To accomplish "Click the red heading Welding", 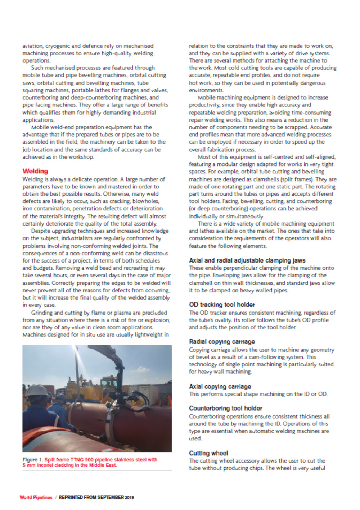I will [x=35, y=171].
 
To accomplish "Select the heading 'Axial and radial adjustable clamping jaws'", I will [x=247, y=260].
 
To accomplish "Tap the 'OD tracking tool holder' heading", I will [x=222, y=305].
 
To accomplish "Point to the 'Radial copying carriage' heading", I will [x=222, y=342].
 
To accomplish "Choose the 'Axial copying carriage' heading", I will [x=220, y=387].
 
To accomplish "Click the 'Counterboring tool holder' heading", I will [x=225, y=408].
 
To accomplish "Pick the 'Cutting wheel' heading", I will [x=208, y=453].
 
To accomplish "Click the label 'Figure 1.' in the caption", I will [x=32, y=460].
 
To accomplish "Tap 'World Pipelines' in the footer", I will [x=36, y=497].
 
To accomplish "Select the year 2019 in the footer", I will [x=129, y=497].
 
